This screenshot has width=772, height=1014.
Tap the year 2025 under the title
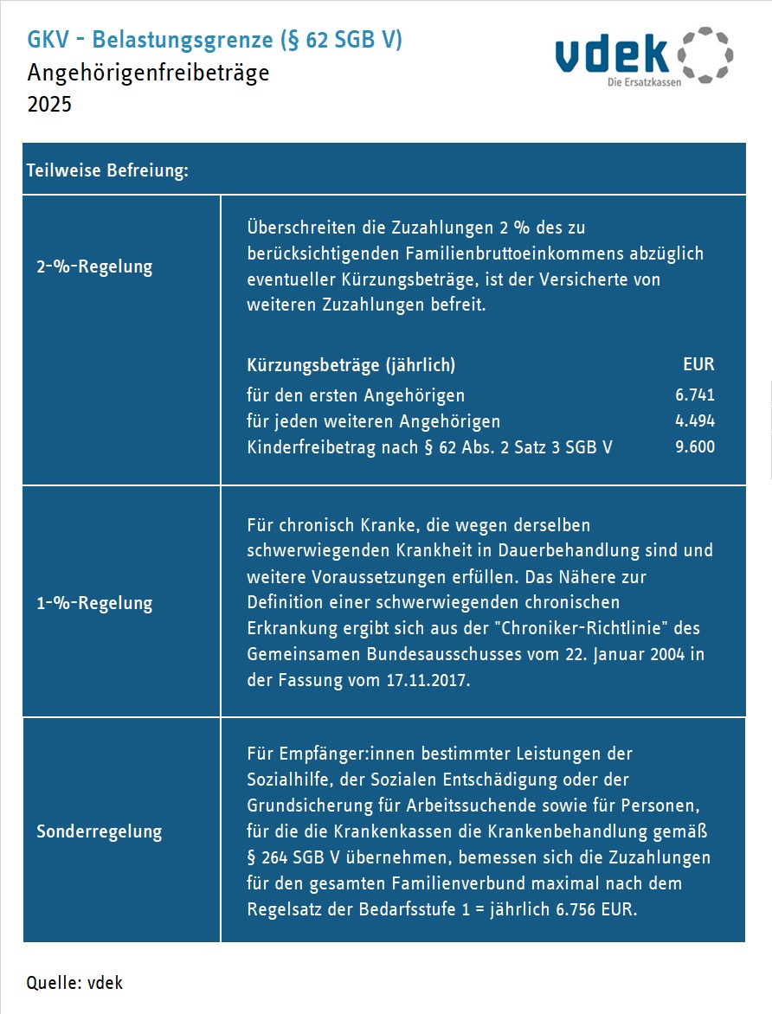coord(49,105)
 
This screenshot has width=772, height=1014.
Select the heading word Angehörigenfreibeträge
coord(148,73)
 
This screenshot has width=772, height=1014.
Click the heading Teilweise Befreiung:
coord(108,170)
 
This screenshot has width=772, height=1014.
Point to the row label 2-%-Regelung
coord(94,266)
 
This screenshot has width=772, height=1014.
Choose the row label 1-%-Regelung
coord(94,603)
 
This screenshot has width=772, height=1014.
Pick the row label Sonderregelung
coord(100,831)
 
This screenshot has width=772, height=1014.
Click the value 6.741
coord(695,395)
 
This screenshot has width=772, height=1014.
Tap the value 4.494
coord(695,421)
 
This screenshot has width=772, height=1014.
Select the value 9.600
coord(695,447)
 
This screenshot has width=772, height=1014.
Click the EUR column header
coord(698,364)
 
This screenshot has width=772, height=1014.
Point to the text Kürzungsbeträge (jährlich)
coord(351,364)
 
